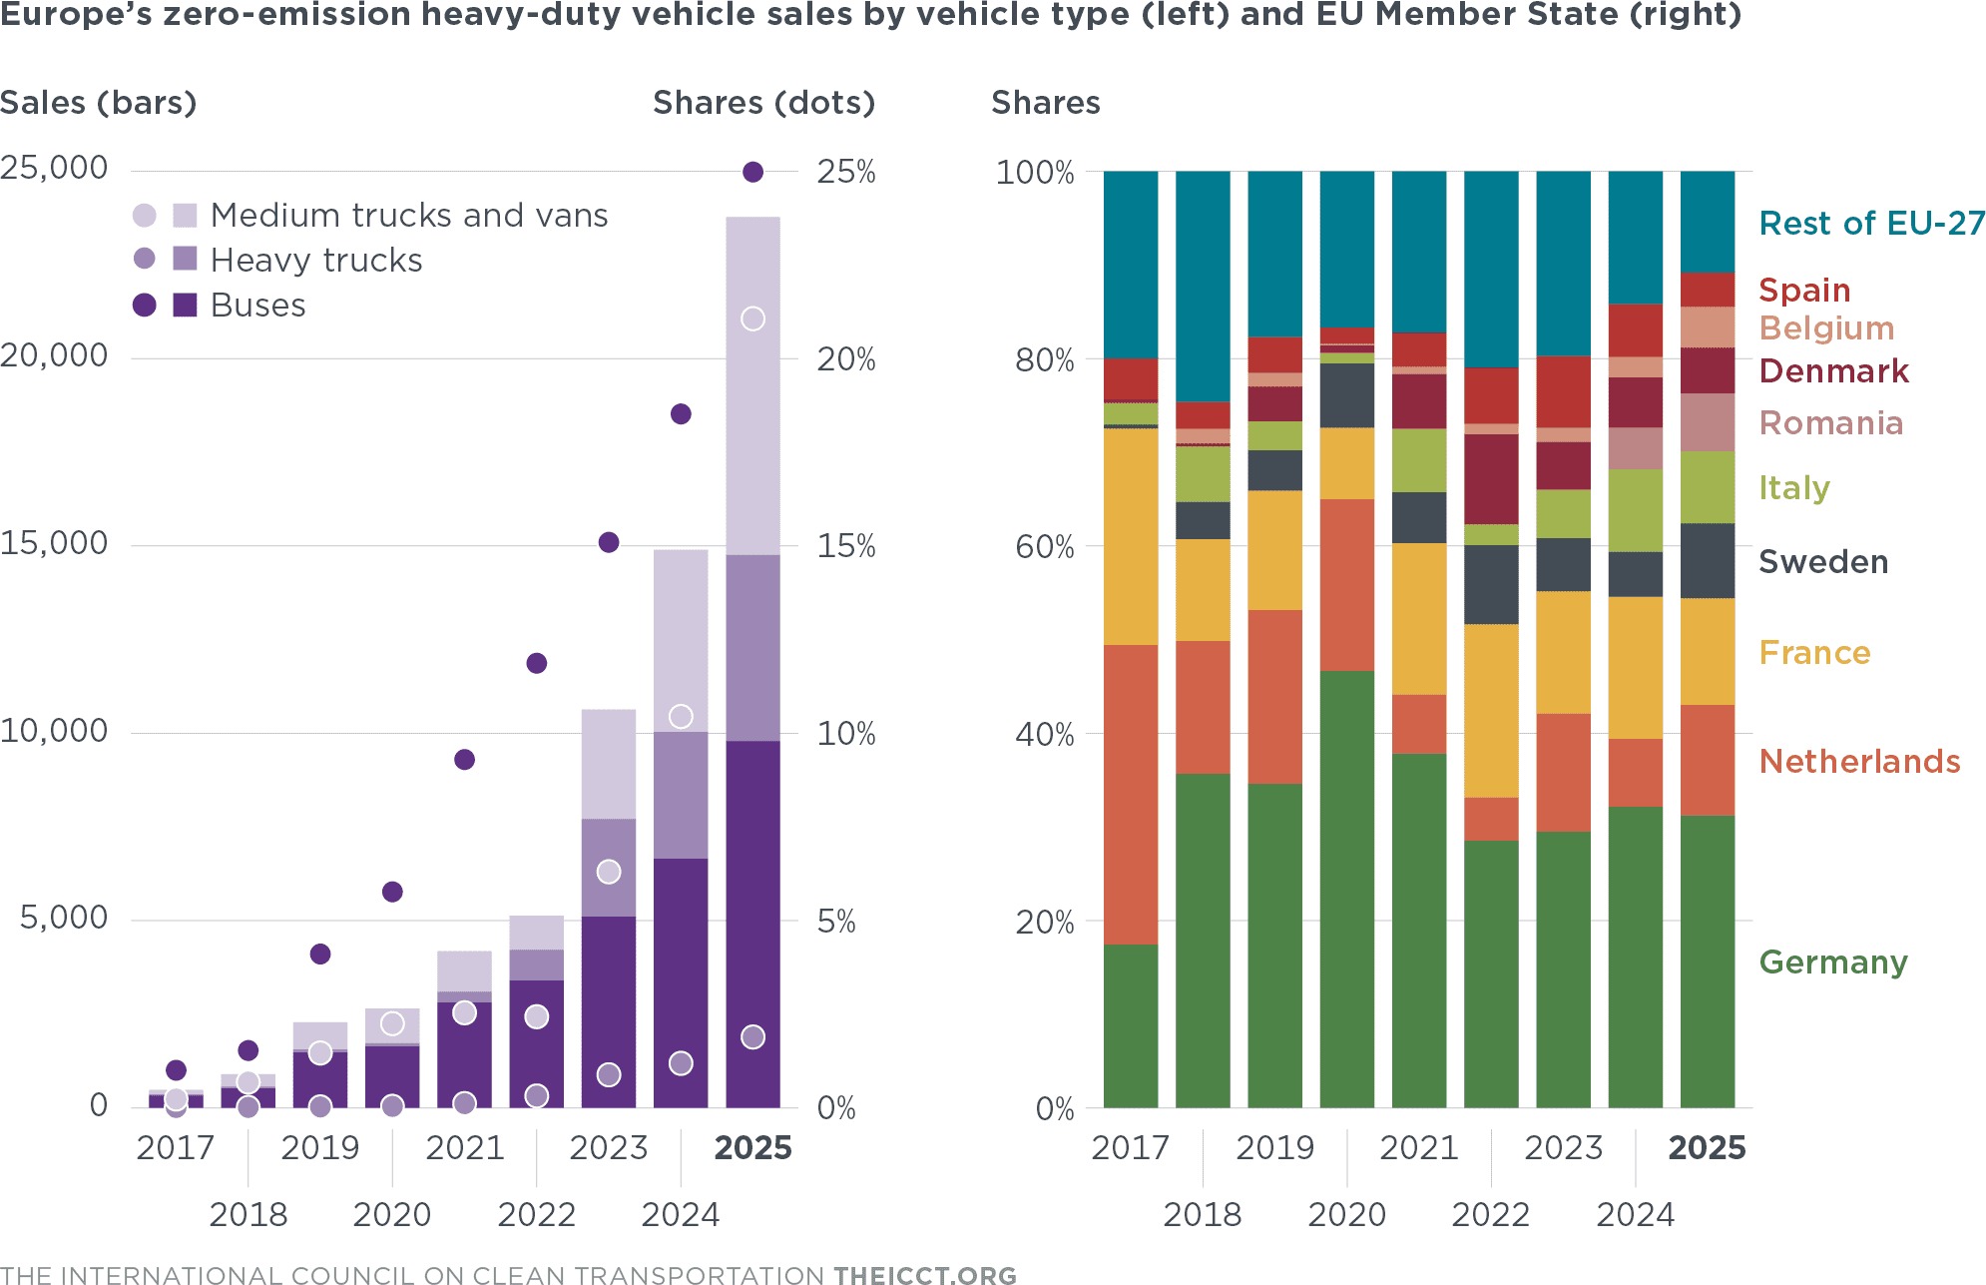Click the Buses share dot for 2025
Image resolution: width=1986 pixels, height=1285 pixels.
[753, 172]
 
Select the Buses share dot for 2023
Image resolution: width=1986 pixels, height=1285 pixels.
[609, 542]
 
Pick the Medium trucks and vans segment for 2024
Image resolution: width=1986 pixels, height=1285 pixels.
[681, 639]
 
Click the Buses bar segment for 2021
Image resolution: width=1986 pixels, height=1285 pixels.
[464, 1054]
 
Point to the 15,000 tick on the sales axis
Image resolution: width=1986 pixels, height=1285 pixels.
[54, 543]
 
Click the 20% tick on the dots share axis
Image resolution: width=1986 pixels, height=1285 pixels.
[845, 359]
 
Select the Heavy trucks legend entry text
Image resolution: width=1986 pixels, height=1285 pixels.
[316, 261]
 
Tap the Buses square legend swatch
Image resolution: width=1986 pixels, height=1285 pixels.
[185, 305]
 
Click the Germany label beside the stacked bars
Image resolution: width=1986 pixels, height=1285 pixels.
[1833, 963]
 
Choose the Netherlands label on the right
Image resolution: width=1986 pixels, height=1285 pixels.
[1859, 762]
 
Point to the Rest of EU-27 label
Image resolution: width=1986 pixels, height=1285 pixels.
[1871, 224]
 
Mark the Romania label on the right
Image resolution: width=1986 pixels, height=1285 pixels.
[1831, 423]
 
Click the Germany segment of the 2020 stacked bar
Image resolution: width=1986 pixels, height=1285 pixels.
[1347, 889]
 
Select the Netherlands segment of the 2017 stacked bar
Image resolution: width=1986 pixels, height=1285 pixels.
[1131, 794]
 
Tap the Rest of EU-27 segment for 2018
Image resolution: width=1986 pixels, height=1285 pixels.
[1203, 286]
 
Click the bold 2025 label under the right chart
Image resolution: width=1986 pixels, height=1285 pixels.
[1707, 1148]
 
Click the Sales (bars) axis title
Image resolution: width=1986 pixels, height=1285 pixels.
[98, 103]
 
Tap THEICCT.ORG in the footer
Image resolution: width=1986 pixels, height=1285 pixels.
[925, 1275]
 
